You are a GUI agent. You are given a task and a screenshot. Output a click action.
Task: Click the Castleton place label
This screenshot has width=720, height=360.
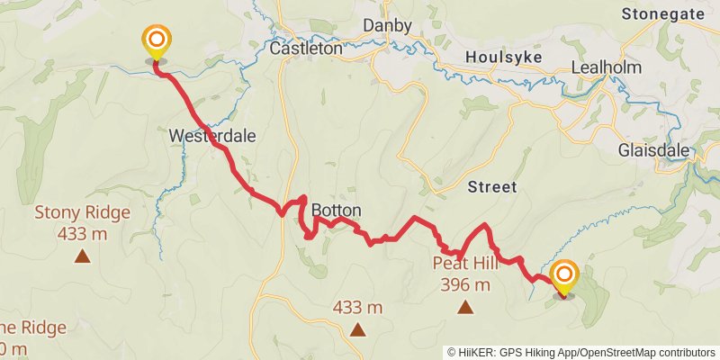coord(307,49)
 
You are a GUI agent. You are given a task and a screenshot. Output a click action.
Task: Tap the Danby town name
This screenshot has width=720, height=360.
coord(386,24)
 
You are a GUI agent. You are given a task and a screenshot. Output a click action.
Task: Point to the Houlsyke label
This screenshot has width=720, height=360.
coord(501,57)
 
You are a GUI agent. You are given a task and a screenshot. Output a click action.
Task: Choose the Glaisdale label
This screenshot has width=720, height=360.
coord(653,150)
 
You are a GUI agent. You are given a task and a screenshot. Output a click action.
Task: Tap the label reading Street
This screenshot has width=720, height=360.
coord(492,187)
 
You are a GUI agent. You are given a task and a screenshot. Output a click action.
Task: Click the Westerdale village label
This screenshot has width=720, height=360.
coord(212,136)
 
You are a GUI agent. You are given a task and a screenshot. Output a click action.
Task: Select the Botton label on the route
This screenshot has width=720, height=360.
coord(336,211)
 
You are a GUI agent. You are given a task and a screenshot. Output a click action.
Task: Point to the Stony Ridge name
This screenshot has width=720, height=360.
coord(82,213)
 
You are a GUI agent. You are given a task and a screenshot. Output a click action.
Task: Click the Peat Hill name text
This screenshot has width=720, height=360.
coord(465,264)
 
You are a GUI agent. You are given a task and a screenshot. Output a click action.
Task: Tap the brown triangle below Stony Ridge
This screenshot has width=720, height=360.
coord(82,256)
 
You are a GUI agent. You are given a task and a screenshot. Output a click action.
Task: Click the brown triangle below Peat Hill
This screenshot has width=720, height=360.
coord(465,308)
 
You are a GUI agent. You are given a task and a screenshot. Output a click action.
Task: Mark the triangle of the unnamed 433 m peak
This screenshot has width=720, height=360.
coord(358,329)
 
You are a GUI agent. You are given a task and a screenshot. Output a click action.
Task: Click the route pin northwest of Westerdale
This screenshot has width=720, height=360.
coord(157,41)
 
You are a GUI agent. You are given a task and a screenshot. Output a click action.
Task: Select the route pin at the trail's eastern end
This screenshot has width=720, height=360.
coord(564,275)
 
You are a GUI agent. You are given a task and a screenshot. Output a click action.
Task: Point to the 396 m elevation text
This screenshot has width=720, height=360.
coord(465,285)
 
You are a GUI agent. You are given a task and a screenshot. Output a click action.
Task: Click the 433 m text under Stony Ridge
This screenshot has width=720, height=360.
coord(82,234)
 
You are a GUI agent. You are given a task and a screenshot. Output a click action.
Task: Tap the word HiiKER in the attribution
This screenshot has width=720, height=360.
coord(478,352)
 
